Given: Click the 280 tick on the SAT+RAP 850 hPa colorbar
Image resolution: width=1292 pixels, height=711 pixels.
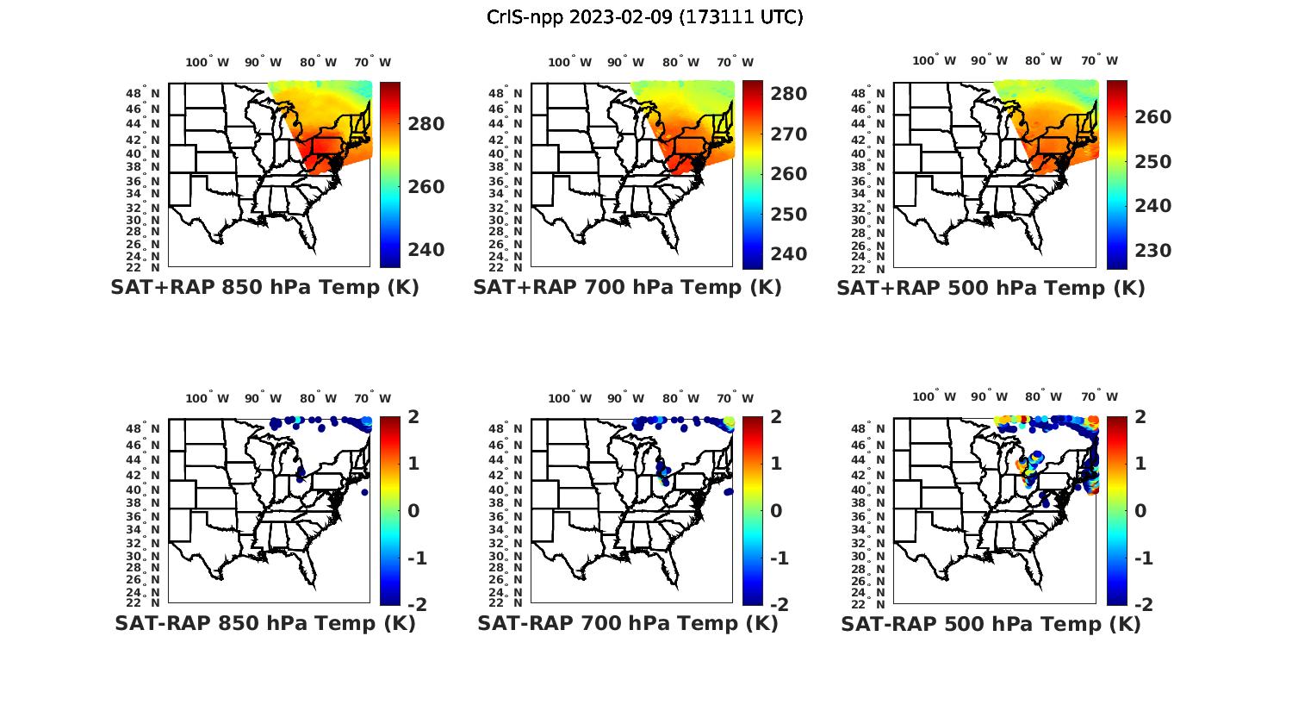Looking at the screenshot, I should pos(426,124).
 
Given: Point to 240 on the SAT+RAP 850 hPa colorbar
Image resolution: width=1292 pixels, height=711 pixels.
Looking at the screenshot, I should pos(426,250).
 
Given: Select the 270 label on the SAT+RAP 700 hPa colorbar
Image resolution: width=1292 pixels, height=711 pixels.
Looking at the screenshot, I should pos(789,134).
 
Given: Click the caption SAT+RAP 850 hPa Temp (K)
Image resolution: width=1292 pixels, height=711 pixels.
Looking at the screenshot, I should pos(264,288).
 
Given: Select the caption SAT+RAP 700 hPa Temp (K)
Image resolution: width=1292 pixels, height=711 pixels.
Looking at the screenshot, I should pos(627,288).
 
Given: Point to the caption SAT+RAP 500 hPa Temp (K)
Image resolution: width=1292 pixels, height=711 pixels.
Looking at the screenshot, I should pos(991,288).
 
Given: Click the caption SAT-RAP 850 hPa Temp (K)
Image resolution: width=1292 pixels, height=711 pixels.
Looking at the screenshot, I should pos(264,623).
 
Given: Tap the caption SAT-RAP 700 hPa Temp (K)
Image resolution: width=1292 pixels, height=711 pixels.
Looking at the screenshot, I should pos(627,623).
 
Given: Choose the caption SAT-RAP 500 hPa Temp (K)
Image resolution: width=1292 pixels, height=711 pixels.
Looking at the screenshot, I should pos(991,623).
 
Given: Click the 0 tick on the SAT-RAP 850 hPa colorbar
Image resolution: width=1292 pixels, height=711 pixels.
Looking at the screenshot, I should pos(413,511).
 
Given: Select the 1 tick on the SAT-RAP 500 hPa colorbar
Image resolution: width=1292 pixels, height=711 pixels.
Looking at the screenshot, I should pos(1141,464).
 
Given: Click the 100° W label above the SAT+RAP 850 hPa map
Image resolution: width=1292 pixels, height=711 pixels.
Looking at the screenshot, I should pos(208,62).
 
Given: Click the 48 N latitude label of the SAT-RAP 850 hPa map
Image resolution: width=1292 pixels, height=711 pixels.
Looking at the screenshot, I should pos(143,429).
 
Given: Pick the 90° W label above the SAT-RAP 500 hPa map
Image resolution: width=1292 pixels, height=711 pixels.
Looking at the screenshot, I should pos(988,397).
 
